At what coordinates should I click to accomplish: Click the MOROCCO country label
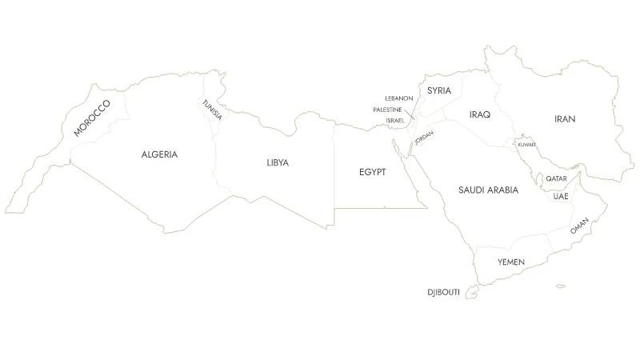[x=90, y=118]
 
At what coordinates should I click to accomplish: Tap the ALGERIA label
[x=160, y=154]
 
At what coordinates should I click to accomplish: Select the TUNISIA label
[x=212, y=110]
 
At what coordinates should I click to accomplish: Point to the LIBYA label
[x=278, y=162]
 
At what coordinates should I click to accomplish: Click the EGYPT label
[x=372, y=172]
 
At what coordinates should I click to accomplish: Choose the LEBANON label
[x=398, y=98]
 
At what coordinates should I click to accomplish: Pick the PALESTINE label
[x=393, y=110]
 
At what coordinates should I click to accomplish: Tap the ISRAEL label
[x=394, y=120]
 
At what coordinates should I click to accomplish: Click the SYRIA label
[x=439, y=90]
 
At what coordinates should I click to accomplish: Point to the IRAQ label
[x=480, y=115]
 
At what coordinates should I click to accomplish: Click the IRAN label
[x=565, y=119]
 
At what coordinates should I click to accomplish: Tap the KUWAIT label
[x=526, y=145]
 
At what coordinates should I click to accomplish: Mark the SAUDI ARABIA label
[x=488, y=190]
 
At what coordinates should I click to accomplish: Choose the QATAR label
[x=556, y=178]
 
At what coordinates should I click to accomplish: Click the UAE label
[x=560, y=196]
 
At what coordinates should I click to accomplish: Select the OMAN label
[x=579, y=226]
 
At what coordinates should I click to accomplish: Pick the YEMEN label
[x=510, y=262]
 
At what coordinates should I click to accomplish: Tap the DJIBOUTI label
[x=444, y=293]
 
